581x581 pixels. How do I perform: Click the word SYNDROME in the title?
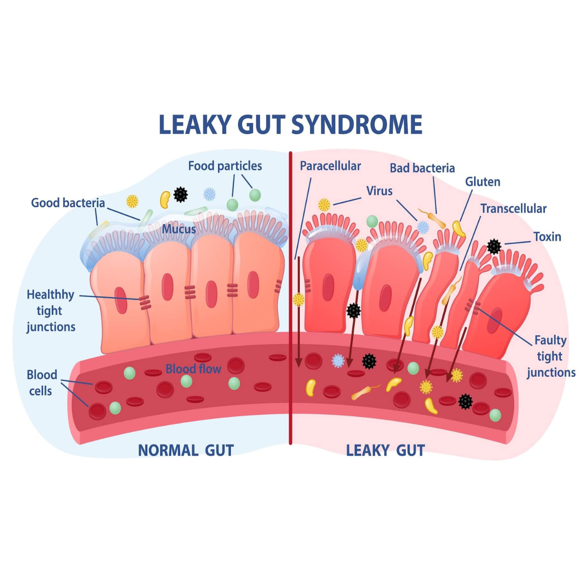pyautogui.click(x=357, y=124)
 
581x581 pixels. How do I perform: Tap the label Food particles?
pyautogui.click(x=225, y=166)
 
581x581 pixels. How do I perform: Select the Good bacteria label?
pyautogui.click(x=68, y=203)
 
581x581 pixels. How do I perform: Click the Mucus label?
pyautogui.click(x=179, y=229)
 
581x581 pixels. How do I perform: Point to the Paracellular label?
pyautogui.click(x=330, y=166)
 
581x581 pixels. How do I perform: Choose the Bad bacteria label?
pyautogui.click(x=422, y=168)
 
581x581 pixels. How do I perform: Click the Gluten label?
pyautogui.click(x=482, y=182)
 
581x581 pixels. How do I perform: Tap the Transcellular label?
pyautogui.click(x=514, y=209)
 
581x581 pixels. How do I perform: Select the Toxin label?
pyautogui.click(x=547, y=237)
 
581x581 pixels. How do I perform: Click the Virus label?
pyautogui.click(x=379, y=191)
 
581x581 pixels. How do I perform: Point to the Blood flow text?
pyautogui.click(x=194, y=369)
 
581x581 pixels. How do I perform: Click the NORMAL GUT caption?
pyautogui.click(x=186, y=450)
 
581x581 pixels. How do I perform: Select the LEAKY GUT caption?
pyautogui.click(x=385, y=450)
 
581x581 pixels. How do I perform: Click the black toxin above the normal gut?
pyautogui.click(x=181, y=194)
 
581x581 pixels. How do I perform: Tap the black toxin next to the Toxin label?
pyautogui.click(x=494, y=246)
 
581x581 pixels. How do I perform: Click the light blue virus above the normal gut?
pyautogui.click(x=209, y=194)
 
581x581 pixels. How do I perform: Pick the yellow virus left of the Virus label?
pyautogui.click(x=324, y=205)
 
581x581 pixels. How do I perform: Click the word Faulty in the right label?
pyautogui.click(x=550, y=340)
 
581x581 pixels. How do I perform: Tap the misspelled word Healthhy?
pyautogui.click(x=50, y=295)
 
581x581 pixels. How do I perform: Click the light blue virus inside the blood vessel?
pyautogui.click(x=338, y=361)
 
